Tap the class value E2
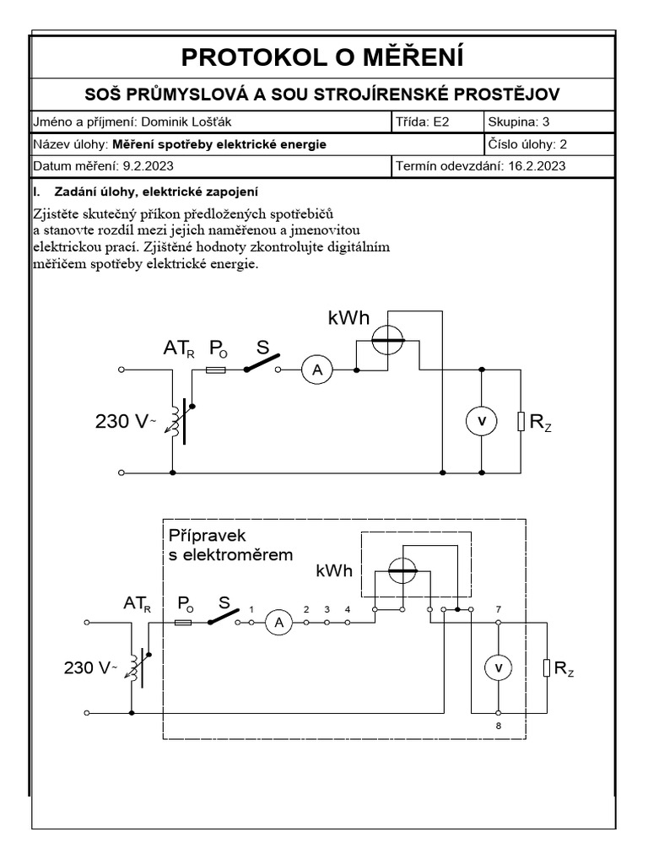[x=442, y=121]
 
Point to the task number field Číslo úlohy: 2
[x=527, y=144]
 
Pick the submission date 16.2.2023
[x=537, y=166]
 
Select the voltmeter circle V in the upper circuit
[x=481, y=421]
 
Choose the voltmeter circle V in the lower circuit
[x=498, y=667]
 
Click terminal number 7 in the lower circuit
[x=499, y=608]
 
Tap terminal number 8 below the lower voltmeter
[x=499, y=725]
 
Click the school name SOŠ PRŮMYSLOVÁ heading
[x=323, y=93]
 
